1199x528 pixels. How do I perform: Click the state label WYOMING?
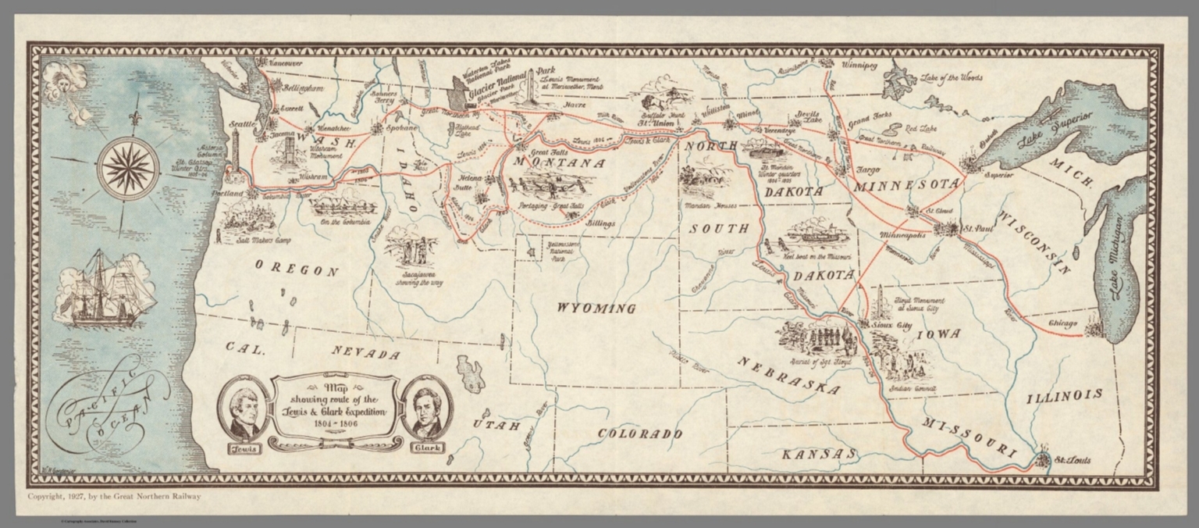click(596, 309)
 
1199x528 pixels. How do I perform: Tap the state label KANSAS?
click(818, 454)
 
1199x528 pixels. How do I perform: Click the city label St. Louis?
click(1072, 460)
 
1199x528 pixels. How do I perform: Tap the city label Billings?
click(600, 223)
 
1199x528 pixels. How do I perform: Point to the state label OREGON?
click(297, 270)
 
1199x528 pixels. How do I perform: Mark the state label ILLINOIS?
click(1065, 395)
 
